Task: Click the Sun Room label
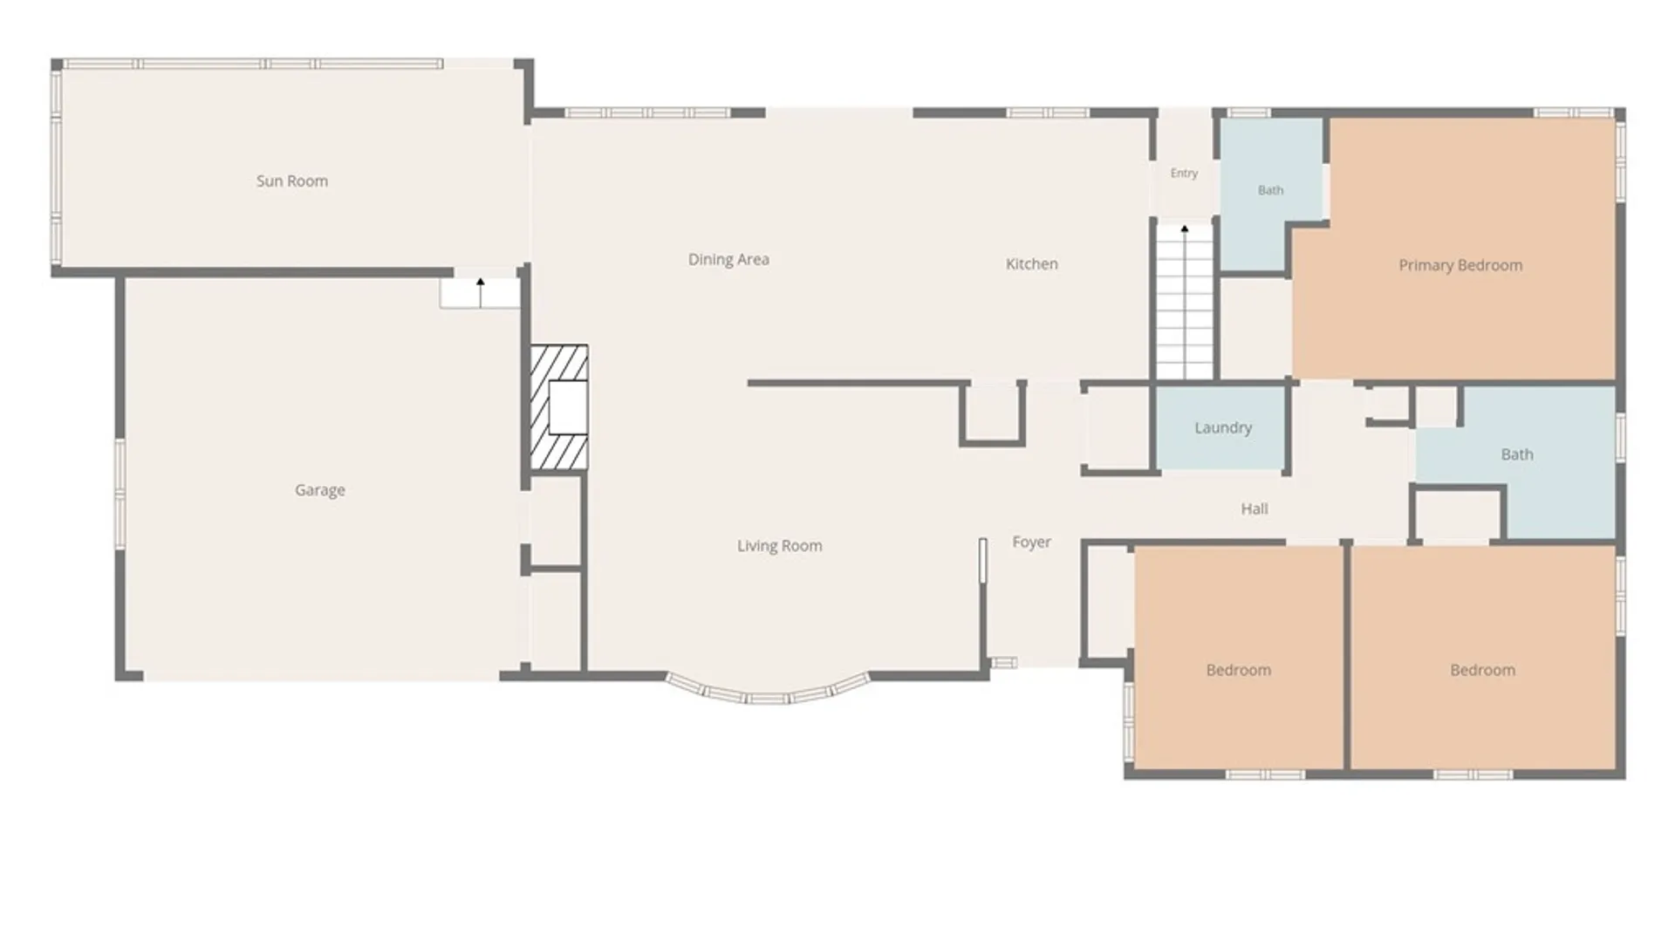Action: click(x=292, y=181)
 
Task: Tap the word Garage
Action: click(x=320, y=490)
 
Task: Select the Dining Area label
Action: click(x=728, y=260)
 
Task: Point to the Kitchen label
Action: click(x=1032, y=263)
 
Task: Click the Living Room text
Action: click(x=780, y=546)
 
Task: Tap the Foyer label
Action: click(x=1031, y=543)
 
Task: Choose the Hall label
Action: click(x=1255, y=509)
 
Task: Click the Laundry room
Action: click(x=1221, y=427)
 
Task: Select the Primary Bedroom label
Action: click(x=1460, y=265)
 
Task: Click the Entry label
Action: click(x=1184, y=173)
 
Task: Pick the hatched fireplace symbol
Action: click(x=559, y=407)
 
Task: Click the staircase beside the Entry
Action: click(x=1185, y=301)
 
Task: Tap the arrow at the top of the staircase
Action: click(x=1185, y=229)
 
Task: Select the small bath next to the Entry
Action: click(x=1270, y=192)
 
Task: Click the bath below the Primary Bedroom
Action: click(x=1518, y=462)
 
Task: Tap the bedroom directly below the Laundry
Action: click(x=1239, y=659)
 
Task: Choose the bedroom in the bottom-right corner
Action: click(x=1483, y=659)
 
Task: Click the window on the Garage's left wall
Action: click(x=120, y=495)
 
